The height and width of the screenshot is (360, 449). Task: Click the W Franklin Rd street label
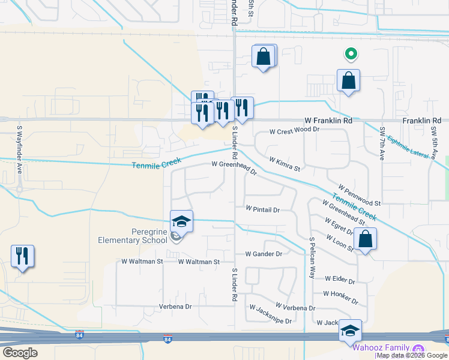pos(328,121)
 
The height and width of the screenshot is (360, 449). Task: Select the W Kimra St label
pos(285,164)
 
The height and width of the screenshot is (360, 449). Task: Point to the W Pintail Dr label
pos(263,209)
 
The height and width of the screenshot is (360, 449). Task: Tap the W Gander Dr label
pos(263,254)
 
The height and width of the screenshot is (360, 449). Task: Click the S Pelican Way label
pos(312,257)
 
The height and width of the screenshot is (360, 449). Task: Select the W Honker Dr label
pos(340,294)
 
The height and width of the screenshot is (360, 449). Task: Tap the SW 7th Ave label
pos(382,143)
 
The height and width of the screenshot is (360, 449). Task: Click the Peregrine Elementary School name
pos(133,236)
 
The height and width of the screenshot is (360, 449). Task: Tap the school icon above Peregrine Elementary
pos(181,221)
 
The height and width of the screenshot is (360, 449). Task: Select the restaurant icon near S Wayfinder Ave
pos(22,256)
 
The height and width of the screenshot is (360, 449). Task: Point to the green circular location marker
pos(351,55)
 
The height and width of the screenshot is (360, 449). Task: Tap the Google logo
pos(20,353)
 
